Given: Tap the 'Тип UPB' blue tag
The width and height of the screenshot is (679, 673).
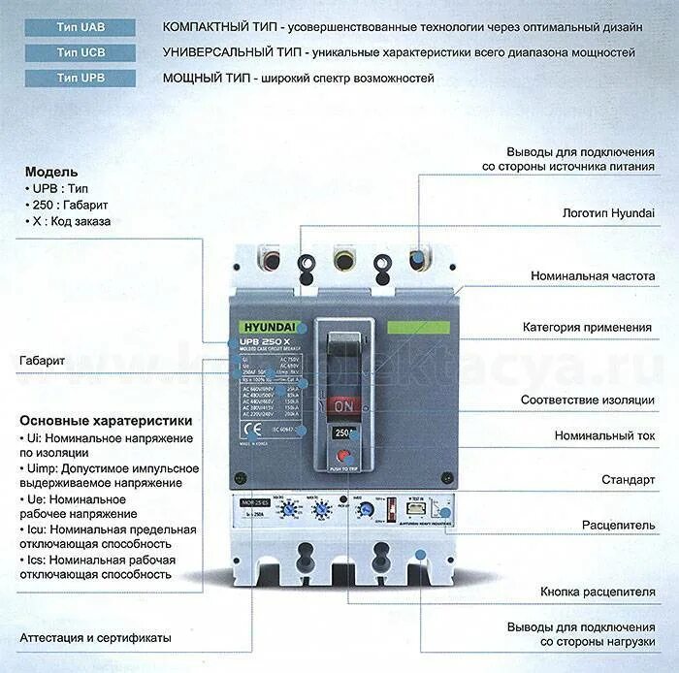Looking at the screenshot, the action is tap(81, 78).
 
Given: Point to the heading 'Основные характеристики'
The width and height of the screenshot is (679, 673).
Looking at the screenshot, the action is tap(106, 421).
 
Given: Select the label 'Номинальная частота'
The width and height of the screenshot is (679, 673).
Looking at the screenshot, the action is tap(593, 276).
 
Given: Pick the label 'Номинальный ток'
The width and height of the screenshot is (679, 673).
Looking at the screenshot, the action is tap(605, 435).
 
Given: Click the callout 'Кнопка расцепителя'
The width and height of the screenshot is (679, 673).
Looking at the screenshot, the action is tap(593, 591).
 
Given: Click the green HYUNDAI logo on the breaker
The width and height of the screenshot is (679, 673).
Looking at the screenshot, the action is tap(257, 328).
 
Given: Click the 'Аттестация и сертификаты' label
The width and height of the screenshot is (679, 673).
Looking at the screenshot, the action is tap(95, 638).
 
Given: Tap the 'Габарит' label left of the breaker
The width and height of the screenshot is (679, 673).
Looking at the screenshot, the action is tap(42, 361).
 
